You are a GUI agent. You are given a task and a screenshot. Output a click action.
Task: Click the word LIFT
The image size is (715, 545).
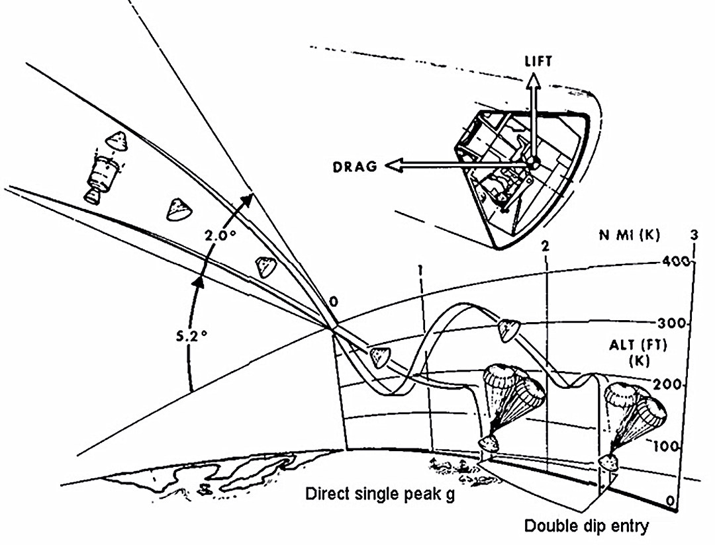(x=538, y=61)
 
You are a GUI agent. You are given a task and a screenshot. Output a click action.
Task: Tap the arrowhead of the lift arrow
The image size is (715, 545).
(x=533, y=81)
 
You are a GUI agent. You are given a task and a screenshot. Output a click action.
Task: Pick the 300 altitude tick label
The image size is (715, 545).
(x=671, y=323)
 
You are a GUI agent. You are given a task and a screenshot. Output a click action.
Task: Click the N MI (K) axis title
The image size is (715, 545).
(x=630, y=235)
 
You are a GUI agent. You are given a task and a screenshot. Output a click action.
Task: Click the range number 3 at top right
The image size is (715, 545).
(x=694, y=235)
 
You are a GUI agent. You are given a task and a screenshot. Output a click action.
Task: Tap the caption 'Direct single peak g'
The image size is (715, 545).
(x=380, y=495)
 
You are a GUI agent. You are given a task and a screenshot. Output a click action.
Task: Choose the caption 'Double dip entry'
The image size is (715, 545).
(x=587, y=526)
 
